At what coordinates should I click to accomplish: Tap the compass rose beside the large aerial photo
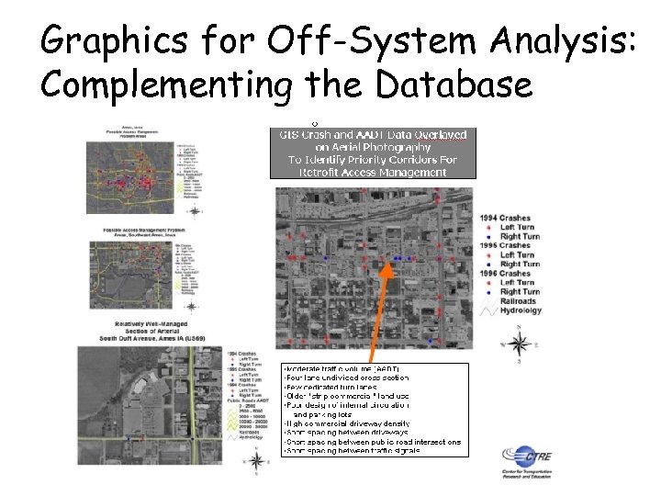click(x=519, y=345)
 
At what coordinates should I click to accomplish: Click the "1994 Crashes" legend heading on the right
click(x=505, y=218)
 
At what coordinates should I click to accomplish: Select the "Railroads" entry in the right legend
click(x=520, y=300)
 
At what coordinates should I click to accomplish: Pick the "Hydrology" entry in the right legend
click(x=521, y=310)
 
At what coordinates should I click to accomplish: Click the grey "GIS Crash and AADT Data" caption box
click(x=373, y=152)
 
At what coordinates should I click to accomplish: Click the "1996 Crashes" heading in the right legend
click(x=505, y=274)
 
